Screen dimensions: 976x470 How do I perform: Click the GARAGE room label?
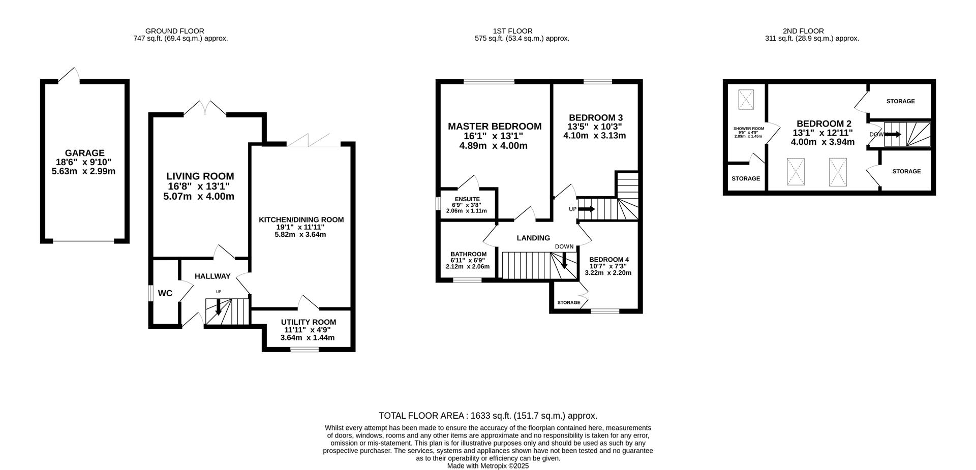coord(84,153)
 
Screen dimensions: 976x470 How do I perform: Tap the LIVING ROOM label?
coord(200,176)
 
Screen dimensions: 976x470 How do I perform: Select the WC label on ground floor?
coord(165,293)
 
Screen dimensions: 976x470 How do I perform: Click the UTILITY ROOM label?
coord(309,322)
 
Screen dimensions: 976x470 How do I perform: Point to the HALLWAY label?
coord(212,276)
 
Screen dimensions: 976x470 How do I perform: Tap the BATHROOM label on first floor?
coord(468,254)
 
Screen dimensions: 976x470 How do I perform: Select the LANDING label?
coord(533,238)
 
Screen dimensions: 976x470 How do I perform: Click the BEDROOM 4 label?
coord(609,260)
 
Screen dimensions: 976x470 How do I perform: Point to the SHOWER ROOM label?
coord(749,129)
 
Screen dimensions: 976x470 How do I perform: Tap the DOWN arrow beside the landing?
coord(564,260)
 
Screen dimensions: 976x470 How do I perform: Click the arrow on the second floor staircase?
coord(893,135)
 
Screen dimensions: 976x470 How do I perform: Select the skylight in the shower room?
coord(746,100)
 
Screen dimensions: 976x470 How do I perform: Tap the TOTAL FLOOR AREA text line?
coord(488,416)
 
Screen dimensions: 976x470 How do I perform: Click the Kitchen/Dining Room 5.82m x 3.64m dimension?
coord(300,235)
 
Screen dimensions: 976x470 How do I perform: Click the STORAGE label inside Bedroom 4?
coord(569,303)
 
